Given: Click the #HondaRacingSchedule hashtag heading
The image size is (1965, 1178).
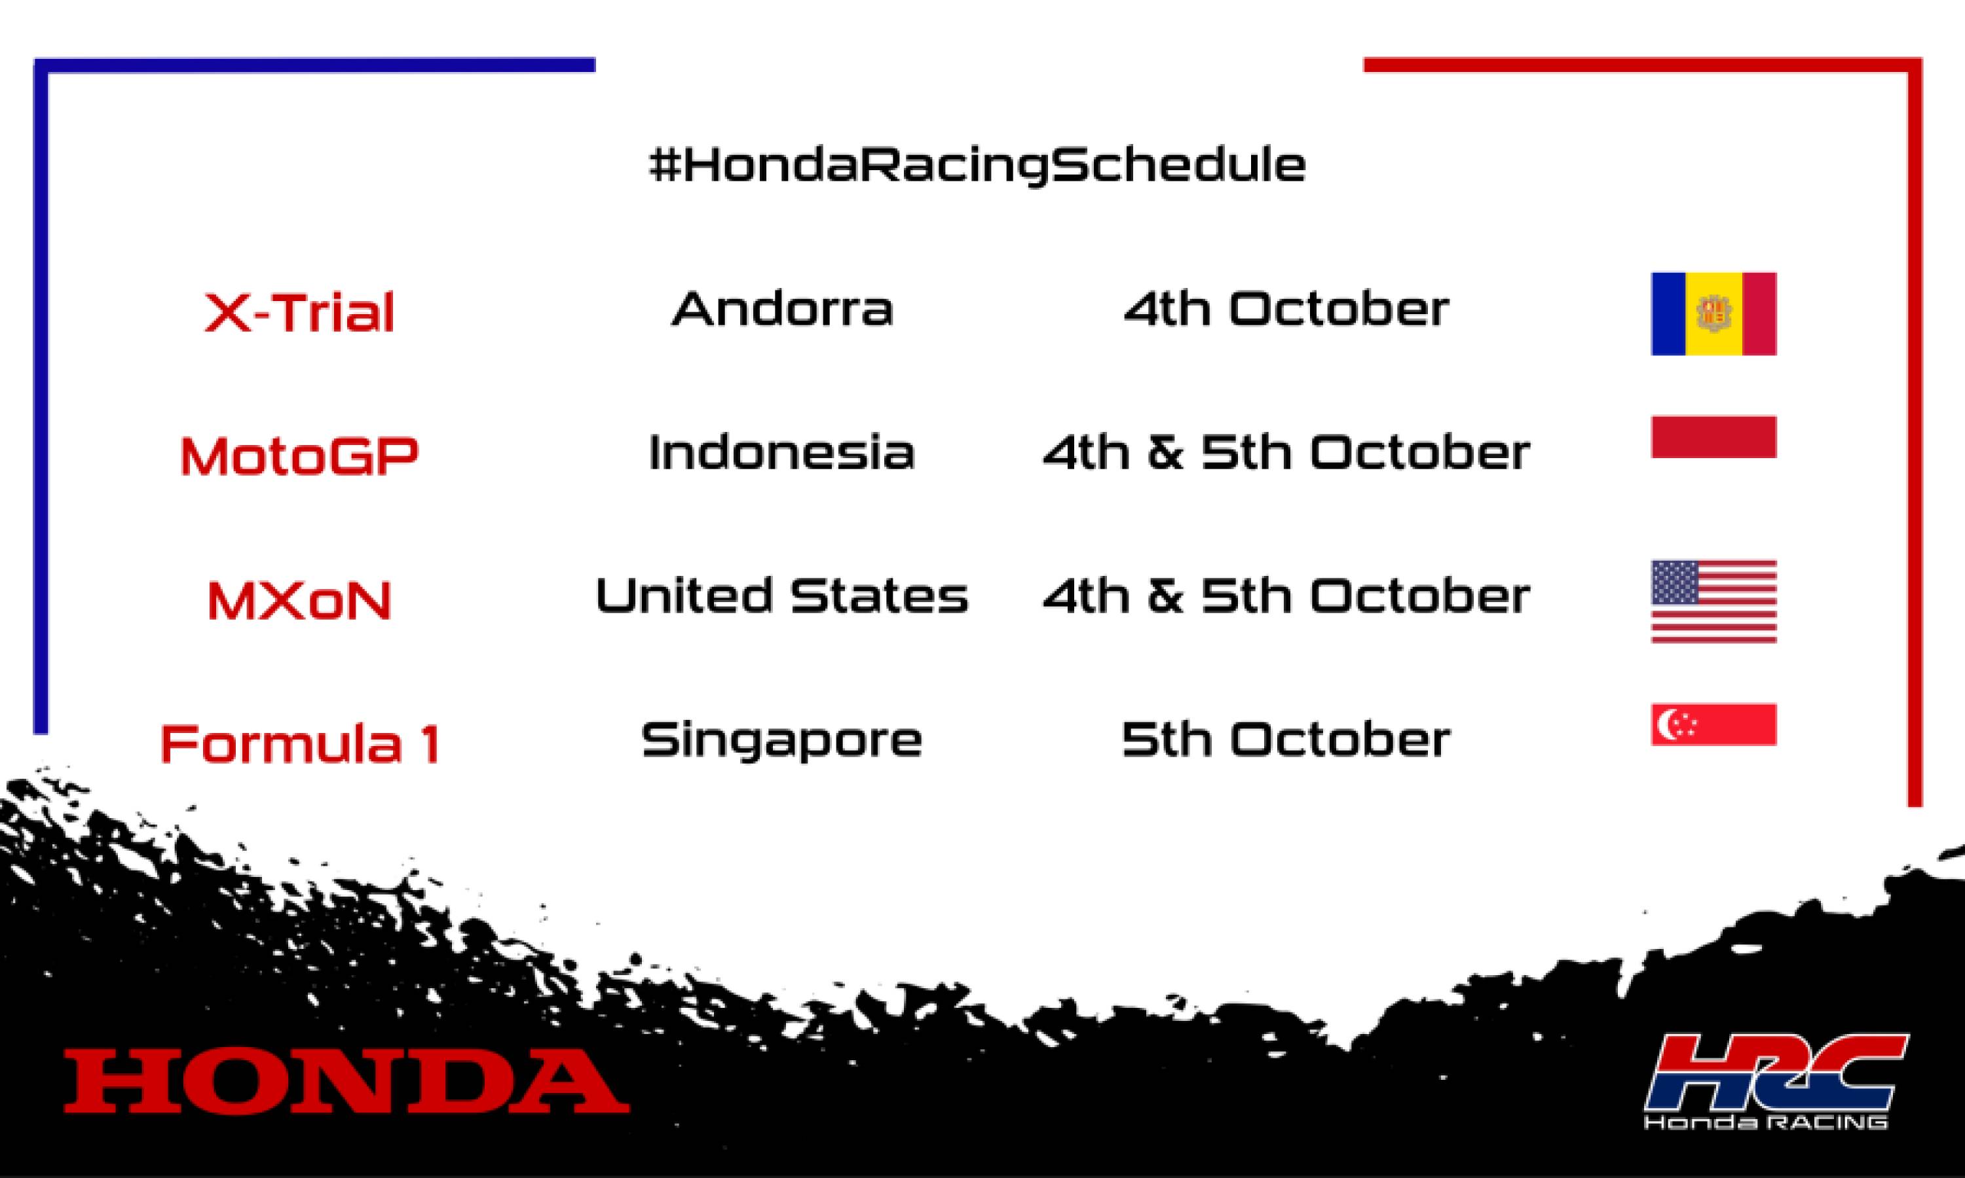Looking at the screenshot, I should (977, 165).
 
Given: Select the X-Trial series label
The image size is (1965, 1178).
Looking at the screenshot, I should (299, 312).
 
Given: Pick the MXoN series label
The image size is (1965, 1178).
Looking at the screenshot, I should (299, 600).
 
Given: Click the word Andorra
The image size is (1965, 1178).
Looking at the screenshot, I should (782, 309).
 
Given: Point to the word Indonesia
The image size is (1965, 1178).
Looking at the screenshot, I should (781, 452).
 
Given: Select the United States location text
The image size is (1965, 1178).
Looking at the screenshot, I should (781, 596).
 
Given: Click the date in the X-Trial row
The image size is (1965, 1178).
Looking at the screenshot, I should (1286, 309).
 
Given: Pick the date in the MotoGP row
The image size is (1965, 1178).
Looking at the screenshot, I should (1286, 452).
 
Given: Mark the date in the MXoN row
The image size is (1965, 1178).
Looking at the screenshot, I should (1286, 596).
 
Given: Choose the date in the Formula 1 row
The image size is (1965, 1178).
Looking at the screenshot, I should (1286, 740).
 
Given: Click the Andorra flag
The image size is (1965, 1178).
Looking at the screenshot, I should (1713, 313).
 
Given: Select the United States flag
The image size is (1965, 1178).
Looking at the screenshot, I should (1713, 601).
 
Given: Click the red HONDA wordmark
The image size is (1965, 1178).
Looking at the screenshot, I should (346, 1080).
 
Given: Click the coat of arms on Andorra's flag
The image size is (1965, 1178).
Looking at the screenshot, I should (1713, 314).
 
